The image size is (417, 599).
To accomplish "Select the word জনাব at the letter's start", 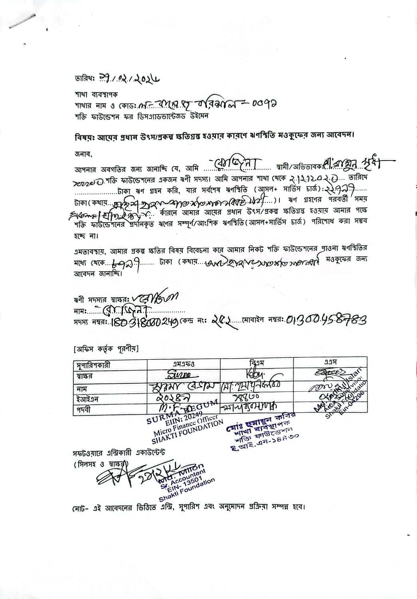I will [83, 153].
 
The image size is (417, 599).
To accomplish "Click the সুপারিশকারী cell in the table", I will [93, 365].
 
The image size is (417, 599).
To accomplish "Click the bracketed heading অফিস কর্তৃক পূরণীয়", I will [106, 349].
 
